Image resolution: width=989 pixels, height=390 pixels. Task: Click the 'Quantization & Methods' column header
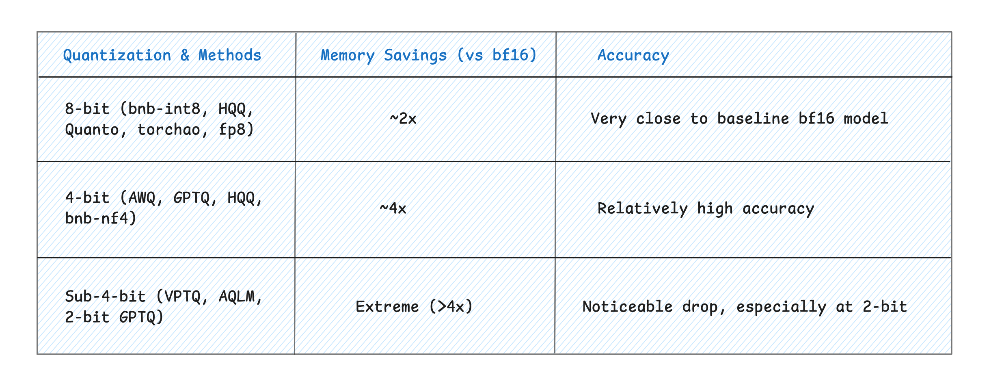coord(162,55)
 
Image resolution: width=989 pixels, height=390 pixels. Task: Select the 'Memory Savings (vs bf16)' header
coord(429,55)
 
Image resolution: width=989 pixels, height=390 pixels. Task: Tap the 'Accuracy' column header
coord(633,55)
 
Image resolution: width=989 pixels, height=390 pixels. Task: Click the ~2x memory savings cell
coord(403,119)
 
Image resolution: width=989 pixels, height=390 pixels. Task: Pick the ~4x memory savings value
coord(393,208)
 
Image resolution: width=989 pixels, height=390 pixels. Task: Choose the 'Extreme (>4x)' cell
coord(414,306)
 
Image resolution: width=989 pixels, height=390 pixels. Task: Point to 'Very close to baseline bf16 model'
coord(739,119)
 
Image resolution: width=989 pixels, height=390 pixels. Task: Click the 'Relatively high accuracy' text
coord(706,208)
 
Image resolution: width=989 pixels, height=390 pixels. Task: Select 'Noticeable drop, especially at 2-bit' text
coord(745,306)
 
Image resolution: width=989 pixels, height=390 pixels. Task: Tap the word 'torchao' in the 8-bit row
coord(168,130)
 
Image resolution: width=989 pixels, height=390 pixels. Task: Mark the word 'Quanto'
coord(92,130)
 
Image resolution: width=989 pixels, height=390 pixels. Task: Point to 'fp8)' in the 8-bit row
coord(236,130)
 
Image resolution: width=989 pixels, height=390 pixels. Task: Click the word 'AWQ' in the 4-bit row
coord(142,198)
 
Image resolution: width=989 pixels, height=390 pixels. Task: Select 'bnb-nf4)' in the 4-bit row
coord(101,219)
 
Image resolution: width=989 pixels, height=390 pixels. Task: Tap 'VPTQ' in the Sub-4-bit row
coord(179,297)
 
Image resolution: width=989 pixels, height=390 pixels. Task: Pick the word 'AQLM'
coord(237,297)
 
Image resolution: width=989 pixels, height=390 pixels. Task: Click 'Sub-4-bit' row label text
coord(105,297)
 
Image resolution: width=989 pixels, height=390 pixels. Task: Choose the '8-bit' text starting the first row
coord(87,109)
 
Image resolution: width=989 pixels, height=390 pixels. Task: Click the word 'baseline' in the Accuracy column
coord(753,119)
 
